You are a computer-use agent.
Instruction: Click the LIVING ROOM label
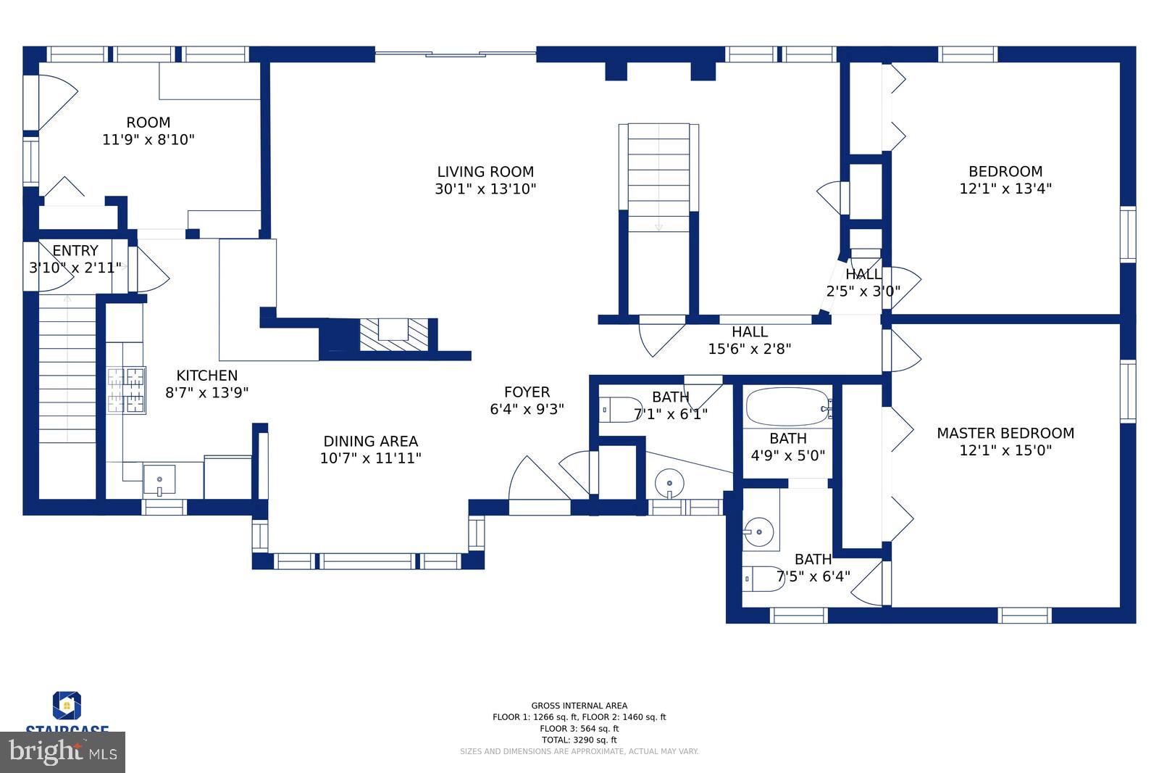tap(485, 172)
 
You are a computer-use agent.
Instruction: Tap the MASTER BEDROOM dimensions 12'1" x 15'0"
tap(1005, 450)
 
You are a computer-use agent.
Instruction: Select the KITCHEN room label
tap(207, 375)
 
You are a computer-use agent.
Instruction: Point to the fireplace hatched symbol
tap(394, 335)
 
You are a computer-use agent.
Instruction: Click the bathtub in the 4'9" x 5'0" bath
tap(788, 408)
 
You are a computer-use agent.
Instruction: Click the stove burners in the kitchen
tap(127, 390)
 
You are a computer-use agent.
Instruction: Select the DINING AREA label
tap(370, 441)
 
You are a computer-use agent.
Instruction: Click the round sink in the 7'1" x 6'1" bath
tap(669, 482)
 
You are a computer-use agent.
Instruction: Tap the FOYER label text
tap(527, 392)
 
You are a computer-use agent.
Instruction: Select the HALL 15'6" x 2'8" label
tap(749, 340)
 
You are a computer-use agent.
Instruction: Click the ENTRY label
tap(75, 251)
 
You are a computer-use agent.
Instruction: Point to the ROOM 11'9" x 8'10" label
tap(148, 131)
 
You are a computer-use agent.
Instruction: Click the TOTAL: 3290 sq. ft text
tap(579, 740)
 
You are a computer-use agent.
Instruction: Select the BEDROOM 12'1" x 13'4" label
tap(1005, 180)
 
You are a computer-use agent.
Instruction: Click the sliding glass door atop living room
tap(455, 52)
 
